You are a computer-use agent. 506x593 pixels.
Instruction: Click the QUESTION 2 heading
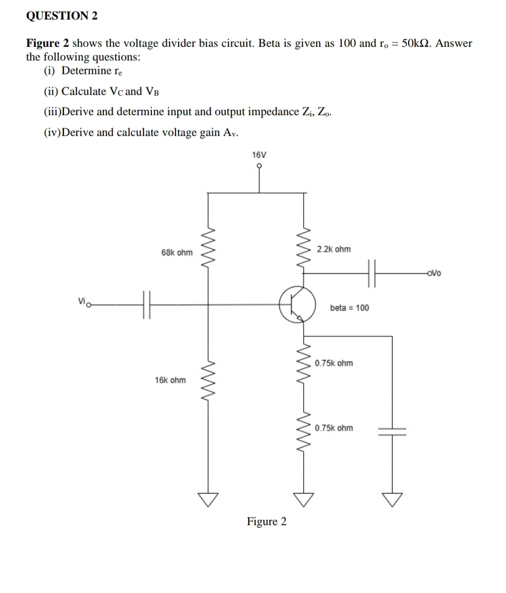pos(62,16)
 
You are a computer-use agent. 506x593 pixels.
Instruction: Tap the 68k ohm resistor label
pos(177,253)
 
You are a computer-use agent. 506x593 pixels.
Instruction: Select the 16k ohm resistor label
pos(170,380)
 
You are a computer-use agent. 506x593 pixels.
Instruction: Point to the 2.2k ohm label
pos(333,249)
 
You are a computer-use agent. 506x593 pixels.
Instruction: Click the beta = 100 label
pos(349,308)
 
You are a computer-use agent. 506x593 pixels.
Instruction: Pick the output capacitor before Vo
pos(372,273)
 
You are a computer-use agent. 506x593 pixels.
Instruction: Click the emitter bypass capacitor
pos(392,431)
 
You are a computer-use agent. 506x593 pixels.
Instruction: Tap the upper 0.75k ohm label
pos(334,363)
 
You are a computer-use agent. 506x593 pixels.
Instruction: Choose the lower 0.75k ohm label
pos(334,428)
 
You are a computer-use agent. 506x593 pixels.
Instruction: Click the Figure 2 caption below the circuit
pos(266,522)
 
